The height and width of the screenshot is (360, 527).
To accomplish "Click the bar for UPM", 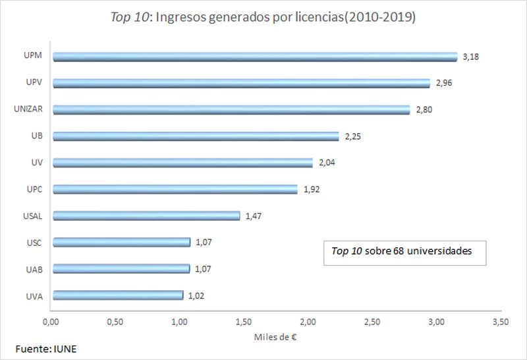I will (x=254, y=57).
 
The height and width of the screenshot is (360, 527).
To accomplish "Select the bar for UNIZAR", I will (x=231, y=109).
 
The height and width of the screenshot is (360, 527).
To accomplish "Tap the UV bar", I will (x=182, y=162).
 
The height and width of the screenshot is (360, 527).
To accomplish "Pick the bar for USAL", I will (x=146, y=216).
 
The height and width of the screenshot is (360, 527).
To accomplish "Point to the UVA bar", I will (x=117, y=295).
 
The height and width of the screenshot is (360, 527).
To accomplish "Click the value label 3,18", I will (x=470, y=57).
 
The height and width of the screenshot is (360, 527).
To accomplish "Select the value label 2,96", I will (x=443, y=84).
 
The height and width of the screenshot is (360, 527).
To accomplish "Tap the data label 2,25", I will (x=352, y=136).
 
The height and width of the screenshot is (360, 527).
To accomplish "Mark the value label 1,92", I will (x=310, y=189).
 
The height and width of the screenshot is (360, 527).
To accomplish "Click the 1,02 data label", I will (x=196, y=295).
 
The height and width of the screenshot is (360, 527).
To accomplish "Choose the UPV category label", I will (x=34, y=82).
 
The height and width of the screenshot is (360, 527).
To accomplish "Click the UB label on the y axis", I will (x=36, y=136).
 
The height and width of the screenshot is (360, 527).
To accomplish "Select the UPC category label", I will (x=34, y=189).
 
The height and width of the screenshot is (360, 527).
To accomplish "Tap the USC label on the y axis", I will (x=34, y=243).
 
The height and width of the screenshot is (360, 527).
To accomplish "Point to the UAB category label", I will (x=34, y=269).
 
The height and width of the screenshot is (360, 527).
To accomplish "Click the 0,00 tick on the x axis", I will (x=51, y=322).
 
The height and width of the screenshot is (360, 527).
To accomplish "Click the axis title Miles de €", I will (x=277, y=338).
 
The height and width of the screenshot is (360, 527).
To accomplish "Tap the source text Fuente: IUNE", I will (x=45, y=349).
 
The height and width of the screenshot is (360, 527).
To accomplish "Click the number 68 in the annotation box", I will (x=397, y=251).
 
